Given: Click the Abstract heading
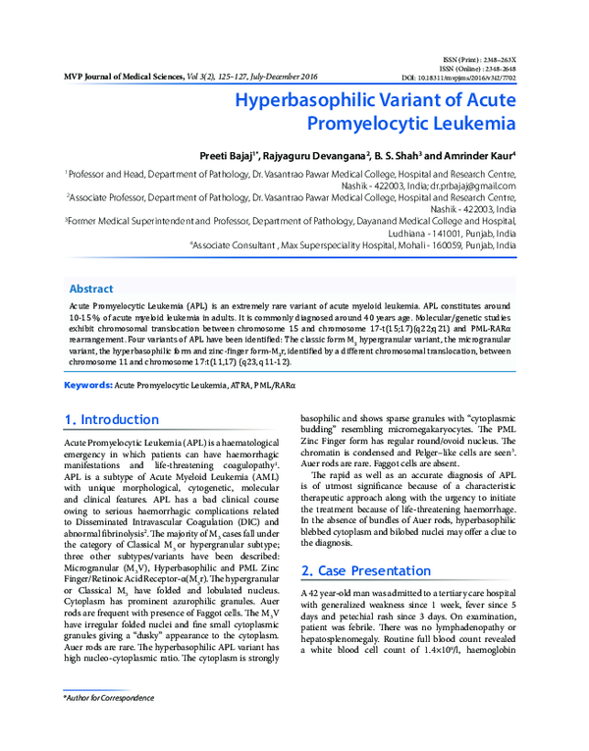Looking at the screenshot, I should pyautogui.click(x=90, y=290).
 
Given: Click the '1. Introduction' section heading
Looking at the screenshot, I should pyautogui.click(x=111, y=393).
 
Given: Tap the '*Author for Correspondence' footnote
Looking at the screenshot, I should pyautogui.click(x=108, y=697).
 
